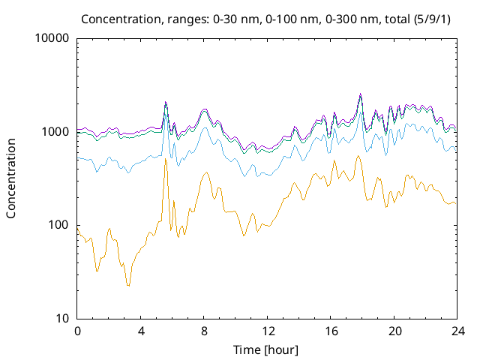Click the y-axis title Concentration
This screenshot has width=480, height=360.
pyautogui.click(x=11, y=178)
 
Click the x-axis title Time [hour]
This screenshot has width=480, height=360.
pyautogui.click(x=266, y=349)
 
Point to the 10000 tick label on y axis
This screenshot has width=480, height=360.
pyautogui.click(x=52, y=38)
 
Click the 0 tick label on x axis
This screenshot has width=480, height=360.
pyautogui.click(x=77, y=331)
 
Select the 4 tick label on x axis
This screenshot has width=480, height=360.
pyautogui.click(x=140, y=331)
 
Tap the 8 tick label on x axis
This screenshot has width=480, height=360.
pyautogui.click(x=204, y=331)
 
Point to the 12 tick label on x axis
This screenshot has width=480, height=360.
pyautogui.click(x=267, y=331)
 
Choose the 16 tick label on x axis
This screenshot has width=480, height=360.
pyautogui.click(x=331, y=331)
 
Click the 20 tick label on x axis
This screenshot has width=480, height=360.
pyautogui.click(x=394, y=331)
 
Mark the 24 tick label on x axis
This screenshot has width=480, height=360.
pyautogui.click(x=457, y=331)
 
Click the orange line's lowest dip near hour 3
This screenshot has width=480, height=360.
pyautogui.click(x=128, y=286)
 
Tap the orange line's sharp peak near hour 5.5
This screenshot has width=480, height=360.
pyautogui.click(x=166, y=159)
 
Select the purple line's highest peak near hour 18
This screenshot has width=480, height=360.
pyautogui.click(x=361, y=94)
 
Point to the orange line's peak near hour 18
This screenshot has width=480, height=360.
pyautogui.click(x=358, y=156)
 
